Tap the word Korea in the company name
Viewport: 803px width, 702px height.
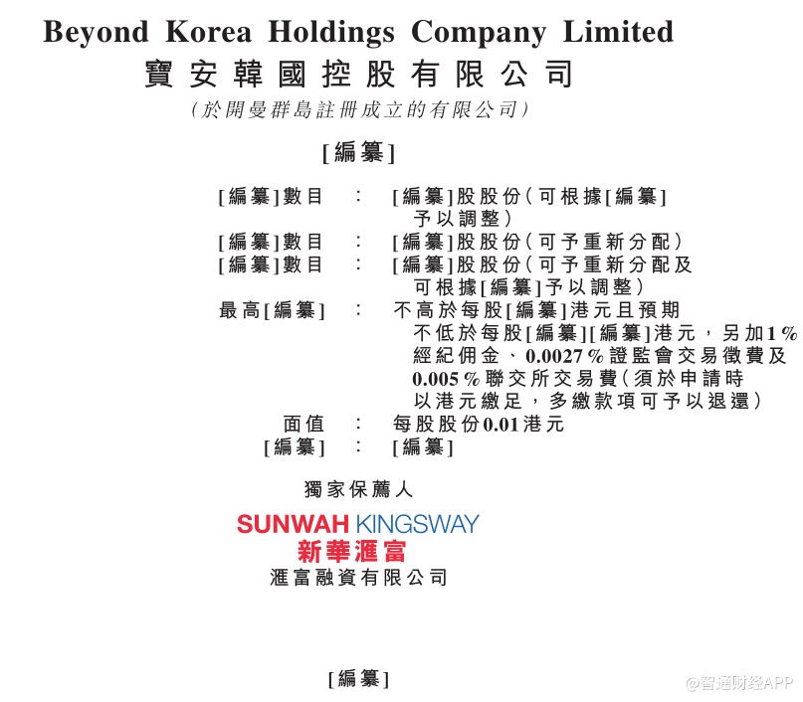[x=208, y=32]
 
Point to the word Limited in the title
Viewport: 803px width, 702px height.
[x=618, y=32]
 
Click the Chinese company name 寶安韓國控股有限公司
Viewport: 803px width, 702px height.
[x=358, y=75]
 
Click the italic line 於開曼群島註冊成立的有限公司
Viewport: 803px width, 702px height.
[x=359, y=109]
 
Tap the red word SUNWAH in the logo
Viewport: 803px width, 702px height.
[x=293, y=524]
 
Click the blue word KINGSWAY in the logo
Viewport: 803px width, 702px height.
[x=417, y=524]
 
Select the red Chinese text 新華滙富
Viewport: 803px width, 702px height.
[x=352, y=551]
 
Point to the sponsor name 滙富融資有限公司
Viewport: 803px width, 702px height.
[x=358, y=578]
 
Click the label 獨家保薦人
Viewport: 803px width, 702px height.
[x=358, y=489]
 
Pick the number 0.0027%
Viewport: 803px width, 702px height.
[x=564, y=356]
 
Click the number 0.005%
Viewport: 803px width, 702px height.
[x=446, y=379]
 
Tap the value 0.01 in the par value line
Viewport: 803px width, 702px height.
[x=501, y=425]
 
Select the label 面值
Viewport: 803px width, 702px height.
[x=303, y=425]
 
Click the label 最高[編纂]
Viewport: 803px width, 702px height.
[x=272, y=310]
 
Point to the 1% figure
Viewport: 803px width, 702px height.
[x=781, y=334]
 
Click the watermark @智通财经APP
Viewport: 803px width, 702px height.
[x=739, y=682]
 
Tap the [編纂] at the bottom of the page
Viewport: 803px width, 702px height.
[x=358, y=679]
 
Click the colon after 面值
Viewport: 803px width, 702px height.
[x=358, y=424]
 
